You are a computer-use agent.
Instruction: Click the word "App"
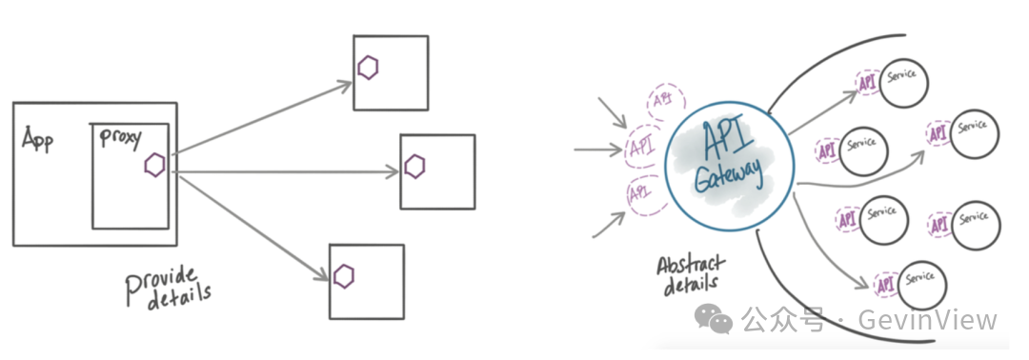[x=38, y=140]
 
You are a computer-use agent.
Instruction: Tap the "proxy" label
[x=120, y=138]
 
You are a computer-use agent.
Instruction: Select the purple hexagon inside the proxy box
[x=153, y=166]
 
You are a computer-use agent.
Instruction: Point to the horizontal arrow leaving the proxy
[x=286, y=172]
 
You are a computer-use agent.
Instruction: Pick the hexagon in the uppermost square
[x=369, y=67]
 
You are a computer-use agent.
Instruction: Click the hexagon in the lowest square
[x=344, y=276]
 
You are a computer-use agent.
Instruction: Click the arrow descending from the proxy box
[x=252, y=230]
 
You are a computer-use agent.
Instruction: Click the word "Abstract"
[x=691, y=263]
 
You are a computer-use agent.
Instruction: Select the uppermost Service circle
[x=902, y=80]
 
